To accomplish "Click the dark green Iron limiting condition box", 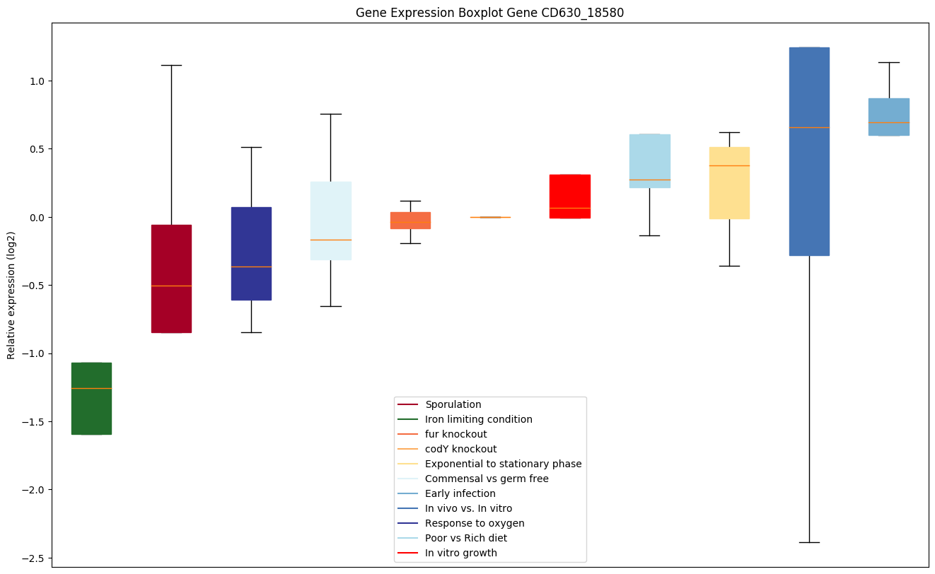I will [91, 398].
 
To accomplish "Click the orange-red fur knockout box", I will [410, 221].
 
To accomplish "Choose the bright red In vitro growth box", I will [570, 197].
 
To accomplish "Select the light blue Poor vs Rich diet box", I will [649, 161].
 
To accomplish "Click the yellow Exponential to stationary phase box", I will [729, 183].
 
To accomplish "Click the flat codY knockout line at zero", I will [490, 217].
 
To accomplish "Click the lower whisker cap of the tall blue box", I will [809, 542].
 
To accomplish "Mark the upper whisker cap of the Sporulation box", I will [171, 65].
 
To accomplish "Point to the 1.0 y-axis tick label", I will [35, 81].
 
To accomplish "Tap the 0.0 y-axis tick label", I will [35, 217].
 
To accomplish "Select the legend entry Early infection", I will [460, 493].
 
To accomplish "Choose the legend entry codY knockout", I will [460, 449].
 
